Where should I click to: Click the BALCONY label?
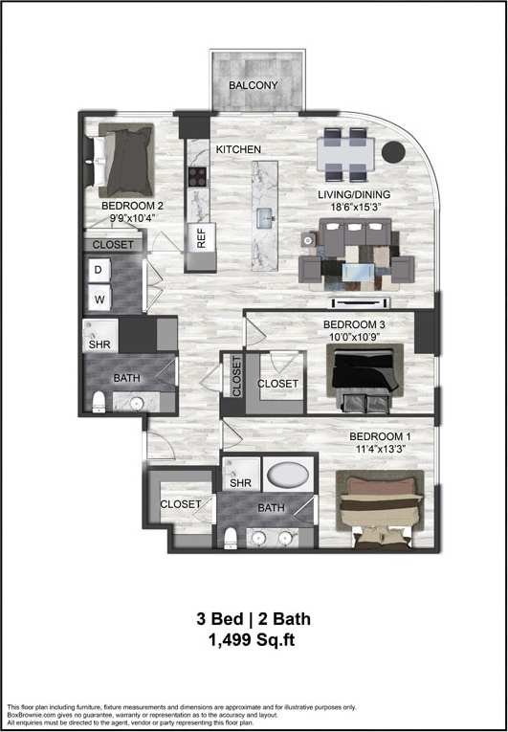tap(254, 85)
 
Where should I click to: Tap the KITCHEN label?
tap(238, 150)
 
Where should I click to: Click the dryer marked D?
tap(98, 272)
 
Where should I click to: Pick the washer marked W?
tap(98, 299)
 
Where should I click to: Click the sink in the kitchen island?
tap(265, 219)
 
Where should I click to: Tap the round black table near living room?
tap(391, 150)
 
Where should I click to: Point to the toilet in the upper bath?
tap(99, 402)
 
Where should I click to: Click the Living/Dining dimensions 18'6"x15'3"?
tap(356, 207)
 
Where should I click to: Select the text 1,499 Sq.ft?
tap(254, 641)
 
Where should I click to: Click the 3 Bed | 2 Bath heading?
tap(254, 619)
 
